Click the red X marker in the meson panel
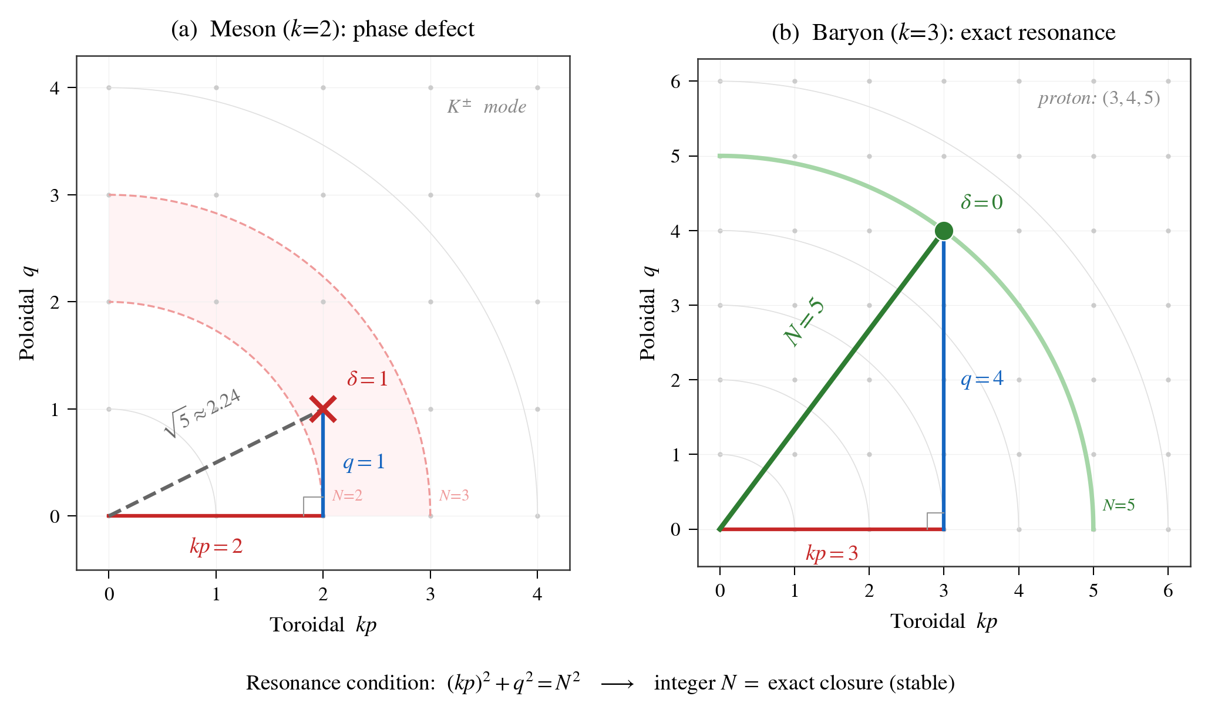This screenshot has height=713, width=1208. [323, 409]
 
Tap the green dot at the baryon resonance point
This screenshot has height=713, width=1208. [944, 231]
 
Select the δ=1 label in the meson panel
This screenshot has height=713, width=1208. [368, 379]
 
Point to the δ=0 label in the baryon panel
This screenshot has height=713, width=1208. [982, 202]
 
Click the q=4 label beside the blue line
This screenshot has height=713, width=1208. [982, 380]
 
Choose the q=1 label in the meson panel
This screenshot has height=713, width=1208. [364, 462]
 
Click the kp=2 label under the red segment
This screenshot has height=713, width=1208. [216, 547]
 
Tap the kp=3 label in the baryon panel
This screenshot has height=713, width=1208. [832, 553]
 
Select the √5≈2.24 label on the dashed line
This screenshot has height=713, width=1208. [203, 413]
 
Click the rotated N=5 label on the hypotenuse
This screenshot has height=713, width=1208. [805, 323]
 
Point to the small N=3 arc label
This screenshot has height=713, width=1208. [454, 496]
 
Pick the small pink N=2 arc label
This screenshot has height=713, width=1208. [347, 496]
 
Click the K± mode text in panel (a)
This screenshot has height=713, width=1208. [486, 107]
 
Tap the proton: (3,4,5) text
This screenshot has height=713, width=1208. [1099, 98]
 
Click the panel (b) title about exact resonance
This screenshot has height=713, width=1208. [943, 33]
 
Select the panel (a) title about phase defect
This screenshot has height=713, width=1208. [322, 29]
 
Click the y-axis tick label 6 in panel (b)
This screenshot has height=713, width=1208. [675, 81]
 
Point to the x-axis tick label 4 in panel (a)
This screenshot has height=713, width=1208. [537, 594]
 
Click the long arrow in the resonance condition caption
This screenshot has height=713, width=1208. [617, 684]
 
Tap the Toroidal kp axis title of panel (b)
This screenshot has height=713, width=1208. [943, 621]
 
